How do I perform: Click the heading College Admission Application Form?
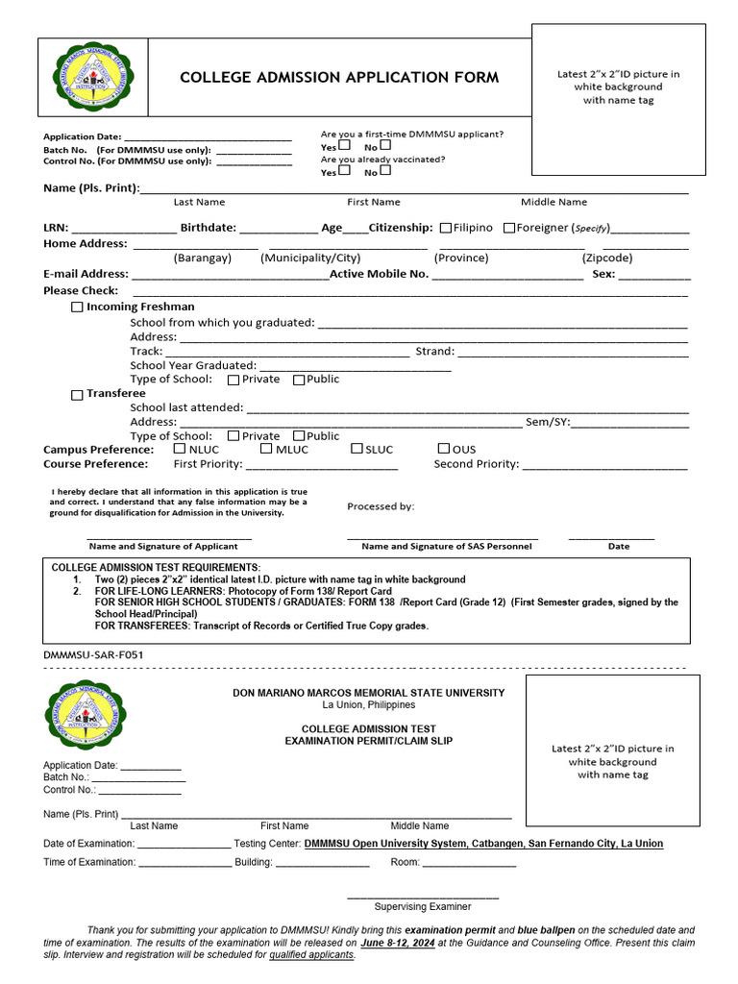tap(339, 78)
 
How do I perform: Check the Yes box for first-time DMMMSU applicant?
tap(345, 145)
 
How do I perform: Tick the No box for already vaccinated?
tap(385, 170)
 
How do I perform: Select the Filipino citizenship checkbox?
tap(446, 228)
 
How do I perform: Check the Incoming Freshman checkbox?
tap(77, 307)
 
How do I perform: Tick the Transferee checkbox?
tap(77, 394)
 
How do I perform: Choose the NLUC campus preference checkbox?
tap(180, 448)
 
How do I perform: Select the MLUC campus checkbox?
tap(266, 448)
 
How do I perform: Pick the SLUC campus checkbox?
tap(357, 448)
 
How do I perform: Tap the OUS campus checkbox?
tap(444, 448)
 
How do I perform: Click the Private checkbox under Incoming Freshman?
tap(233, 380)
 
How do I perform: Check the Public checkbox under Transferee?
tap(299, 436)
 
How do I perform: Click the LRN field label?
tap(56, 228)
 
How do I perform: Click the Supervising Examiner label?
tap(423, 906)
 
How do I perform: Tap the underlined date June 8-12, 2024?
tap(397, 943)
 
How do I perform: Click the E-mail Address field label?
tap(86, 274)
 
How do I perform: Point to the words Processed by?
tap(381, 506)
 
